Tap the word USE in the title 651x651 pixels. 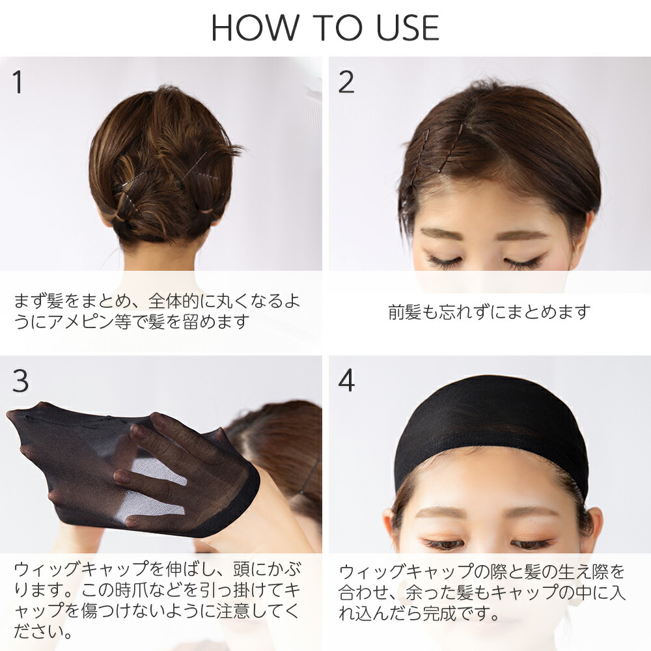[x=407, y=28]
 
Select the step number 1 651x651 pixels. [x=17, y=82]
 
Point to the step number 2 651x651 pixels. [x=346, y=82]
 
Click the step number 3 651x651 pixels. [x=20, y=381]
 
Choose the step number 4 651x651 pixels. [x=347, y=381]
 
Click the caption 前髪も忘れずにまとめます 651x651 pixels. [x=489, y=312]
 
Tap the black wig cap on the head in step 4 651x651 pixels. [x=490, y=428]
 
